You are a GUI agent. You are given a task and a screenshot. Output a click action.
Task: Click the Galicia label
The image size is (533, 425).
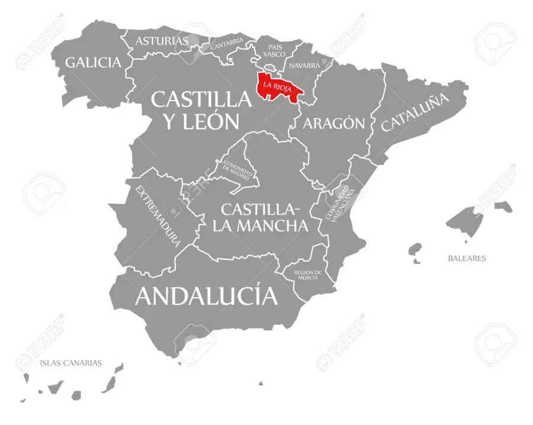(94, 62)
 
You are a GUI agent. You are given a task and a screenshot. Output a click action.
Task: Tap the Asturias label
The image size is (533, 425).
(162, 41)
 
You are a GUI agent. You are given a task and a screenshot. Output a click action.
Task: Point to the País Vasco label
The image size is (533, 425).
(274, 50)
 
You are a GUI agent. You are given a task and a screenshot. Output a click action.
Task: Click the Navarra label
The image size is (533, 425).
(304, 66)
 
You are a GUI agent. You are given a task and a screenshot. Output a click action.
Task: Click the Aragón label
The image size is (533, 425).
(333, 123)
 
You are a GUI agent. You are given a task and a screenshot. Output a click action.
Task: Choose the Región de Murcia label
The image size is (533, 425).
(308, 275)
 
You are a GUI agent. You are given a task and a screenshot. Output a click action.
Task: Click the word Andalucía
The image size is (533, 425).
(206, 295)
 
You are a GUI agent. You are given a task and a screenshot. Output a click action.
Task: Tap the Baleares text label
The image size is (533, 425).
(467, 258)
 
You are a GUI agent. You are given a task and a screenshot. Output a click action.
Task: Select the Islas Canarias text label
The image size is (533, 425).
(71, 363)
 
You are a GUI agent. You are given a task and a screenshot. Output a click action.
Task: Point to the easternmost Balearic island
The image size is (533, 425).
(504, 206)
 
